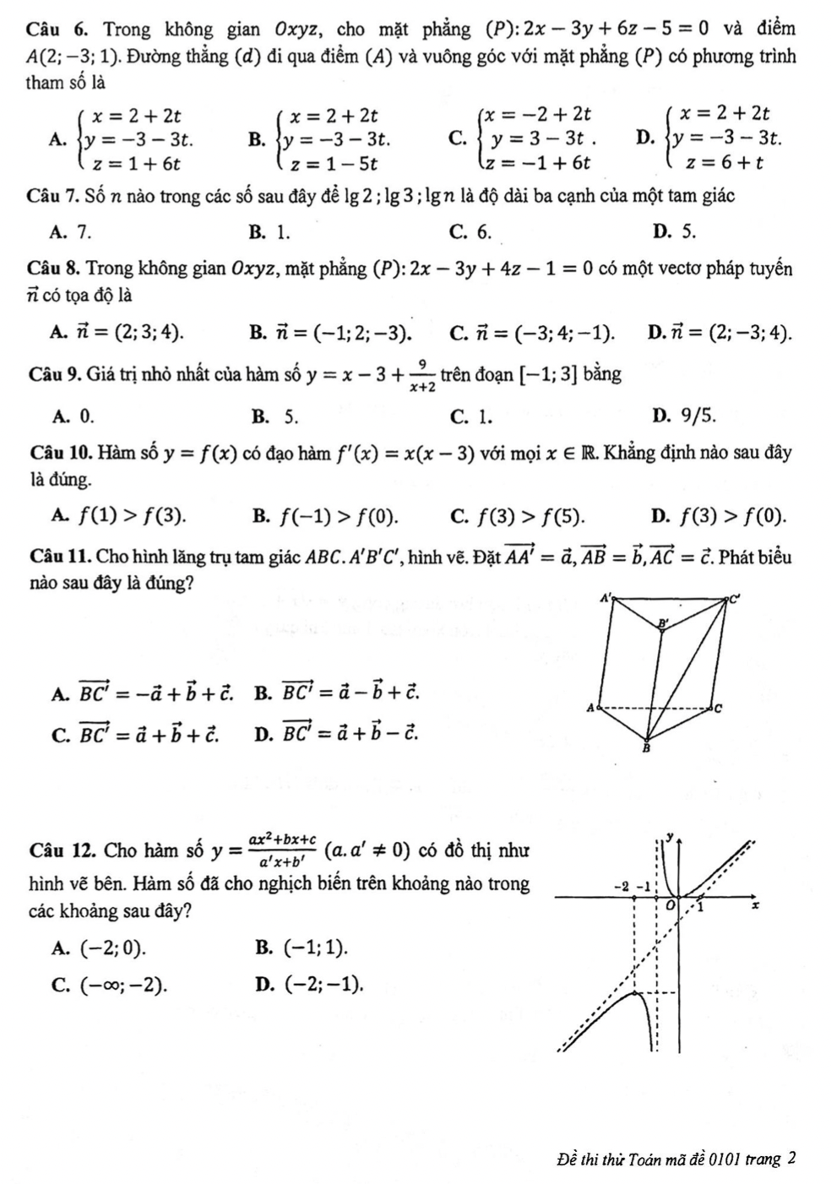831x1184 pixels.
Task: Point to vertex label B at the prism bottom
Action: [x=648, y=747]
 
